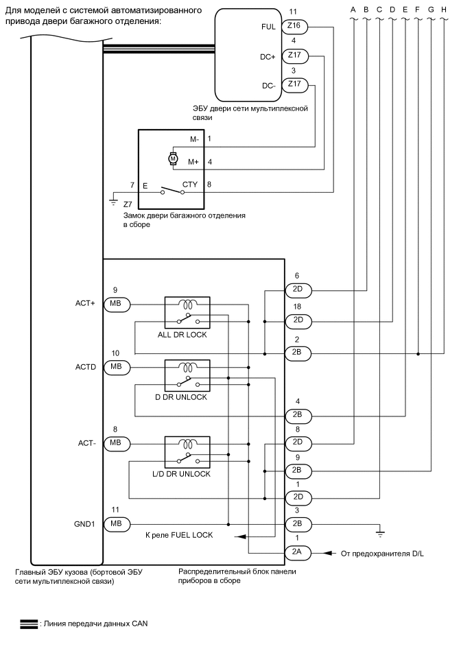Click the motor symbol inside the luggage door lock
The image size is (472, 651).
pyautogui.click(x=173, y=159)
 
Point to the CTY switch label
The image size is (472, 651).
pyautogui.click(x=190, y=185)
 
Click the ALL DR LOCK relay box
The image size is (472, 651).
pyautogui.click(x=187, y=312)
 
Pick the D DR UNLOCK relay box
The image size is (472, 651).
pyautogui.click(x=187, y=375)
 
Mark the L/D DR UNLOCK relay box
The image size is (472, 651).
pyautogui.click(x=187, y=452)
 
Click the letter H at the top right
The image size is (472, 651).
pyautogui.click(x=444, y=10)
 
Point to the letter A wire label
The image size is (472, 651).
pyautogui.click(x=353, y=10)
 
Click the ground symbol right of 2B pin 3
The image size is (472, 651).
pyautogui.click(x=379, y=530)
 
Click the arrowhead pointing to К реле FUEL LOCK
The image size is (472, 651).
pyautogui.click(x=237, y=537)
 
